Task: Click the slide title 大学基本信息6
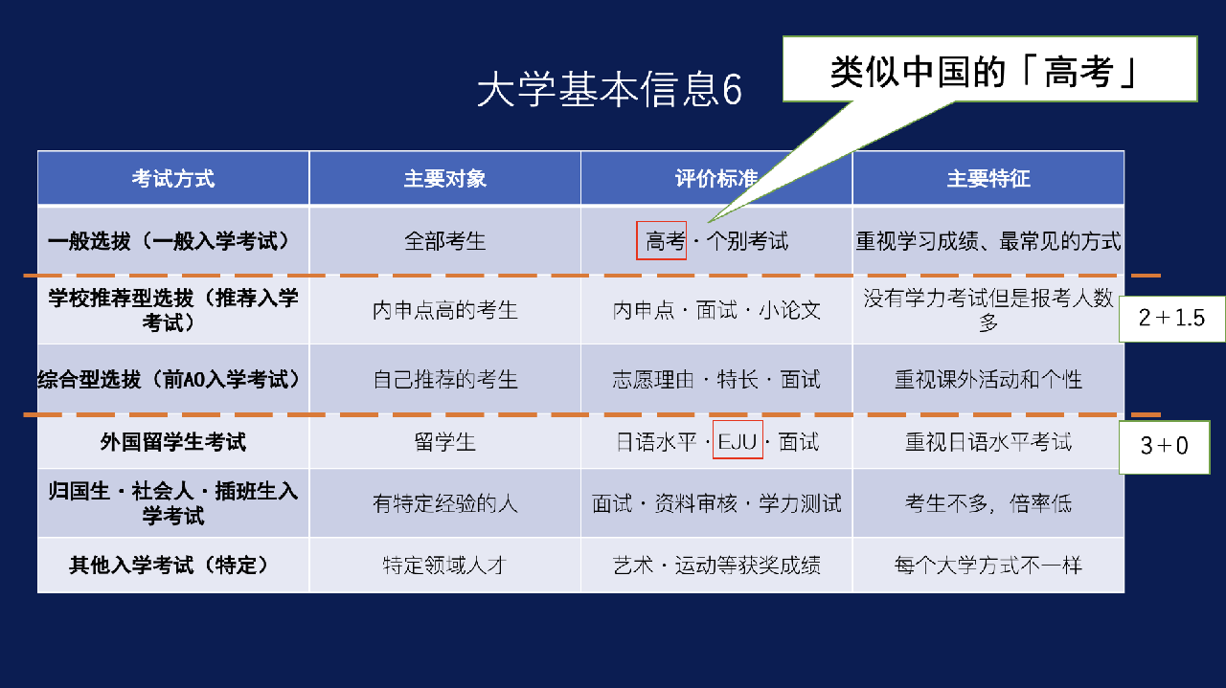609,89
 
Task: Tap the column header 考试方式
173,179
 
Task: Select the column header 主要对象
445,179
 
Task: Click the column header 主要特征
988,179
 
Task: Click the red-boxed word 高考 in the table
661,240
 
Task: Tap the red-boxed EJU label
738,440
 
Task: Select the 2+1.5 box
1171,319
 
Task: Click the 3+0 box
1164,446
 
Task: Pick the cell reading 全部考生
445,241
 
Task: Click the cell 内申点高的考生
445,310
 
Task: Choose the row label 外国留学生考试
173,441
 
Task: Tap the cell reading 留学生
445,441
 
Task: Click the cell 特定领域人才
445,565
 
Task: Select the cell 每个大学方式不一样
988,565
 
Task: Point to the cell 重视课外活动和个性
988,379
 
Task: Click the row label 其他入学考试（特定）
173,565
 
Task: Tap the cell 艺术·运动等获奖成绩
716,565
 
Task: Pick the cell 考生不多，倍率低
988,503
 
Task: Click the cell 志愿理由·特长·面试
716,379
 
